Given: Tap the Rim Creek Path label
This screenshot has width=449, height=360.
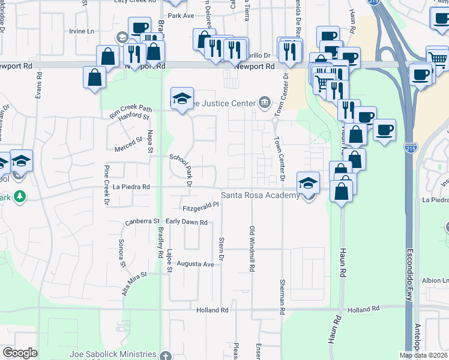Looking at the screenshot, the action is coord(130,109).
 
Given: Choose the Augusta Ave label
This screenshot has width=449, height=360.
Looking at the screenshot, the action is coord(196,264).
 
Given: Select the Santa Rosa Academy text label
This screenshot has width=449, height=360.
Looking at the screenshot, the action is coord(260,196).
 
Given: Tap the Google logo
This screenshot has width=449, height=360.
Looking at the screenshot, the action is coord(20,353).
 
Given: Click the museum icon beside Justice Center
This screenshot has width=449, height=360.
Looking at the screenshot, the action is coord(264,103).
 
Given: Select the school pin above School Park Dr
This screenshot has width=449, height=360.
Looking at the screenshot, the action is coord(182,98).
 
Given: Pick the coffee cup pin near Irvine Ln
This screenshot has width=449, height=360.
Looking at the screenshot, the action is coord(139,28).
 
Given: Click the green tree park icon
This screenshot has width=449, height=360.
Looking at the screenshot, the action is coord(20,196).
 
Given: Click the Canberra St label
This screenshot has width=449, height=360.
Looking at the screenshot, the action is coord(142,222).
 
